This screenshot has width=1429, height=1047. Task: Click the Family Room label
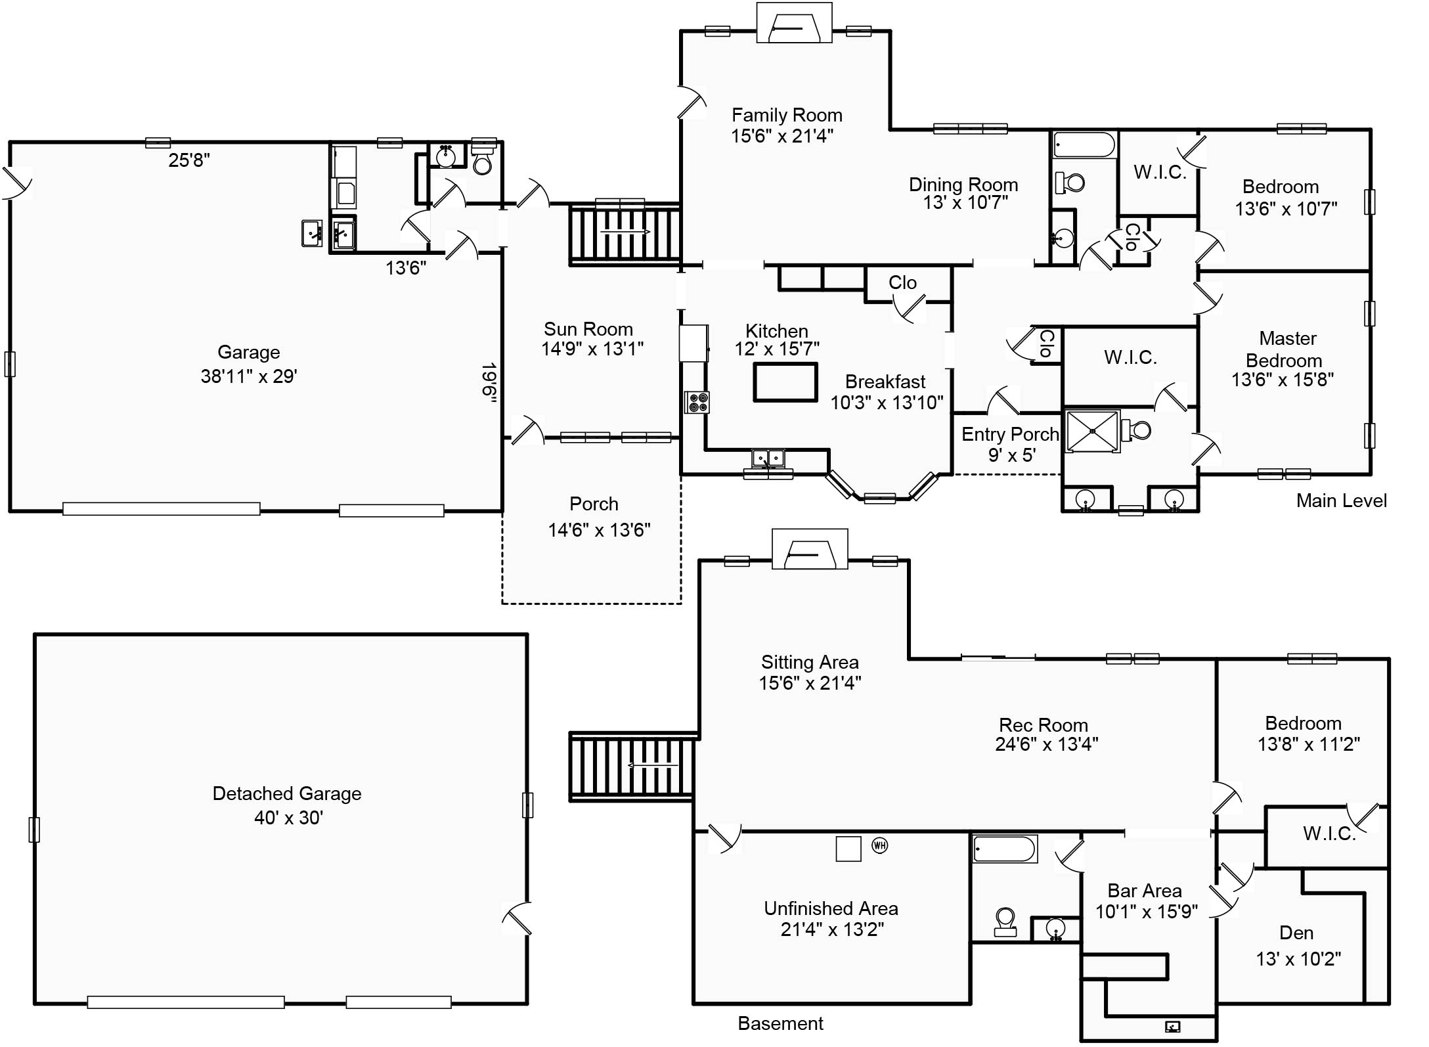pyautogui.click(x=787, y=115)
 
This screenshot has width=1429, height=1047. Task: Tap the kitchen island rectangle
pyautogui.click(x=785, y=382)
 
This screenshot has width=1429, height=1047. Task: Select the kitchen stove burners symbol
pyautogui.click(x=697, y=402)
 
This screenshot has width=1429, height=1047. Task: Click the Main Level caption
pyautogui.click(x=1341, y=501)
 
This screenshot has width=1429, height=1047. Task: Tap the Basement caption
pyautogui.click(x=780, y=1023)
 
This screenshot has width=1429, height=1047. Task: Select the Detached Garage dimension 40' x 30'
pyautogui.click(x=288, y=817)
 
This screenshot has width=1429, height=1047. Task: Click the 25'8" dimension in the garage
pyautogui.click(x=189, y=160)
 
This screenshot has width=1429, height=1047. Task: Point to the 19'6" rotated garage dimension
pyautogui.click(x=489, y=382)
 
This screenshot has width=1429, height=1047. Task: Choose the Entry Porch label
pyautogui.click(x=1010, y=434)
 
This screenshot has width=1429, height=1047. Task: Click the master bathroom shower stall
pyautogui.click(x=1092, y=432)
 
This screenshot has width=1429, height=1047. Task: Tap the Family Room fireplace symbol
pyautogui.click(x=795, y=23)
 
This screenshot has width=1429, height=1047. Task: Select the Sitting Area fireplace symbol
pyautogui.click(x=810, y=549)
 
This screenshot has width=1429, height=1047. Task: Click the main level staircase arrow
pyautogui.click(x=625, y=232)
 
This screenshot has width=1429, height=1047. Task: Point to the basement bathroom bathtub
pyautogui.click(x=1004, y=849)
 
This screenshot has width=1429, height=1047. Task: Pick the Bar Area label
pyautogui.click(x=1145, y=891)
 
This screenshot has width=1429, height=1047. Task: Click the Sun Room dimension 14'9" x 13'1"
pyautogui.click(x=592, y=349)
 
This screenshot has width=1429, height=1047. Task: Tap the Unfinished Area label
pyautogui.click(x=831, y=908)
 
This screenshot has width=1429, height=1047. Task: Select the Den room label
pyautogui.click(x=1296, y=933)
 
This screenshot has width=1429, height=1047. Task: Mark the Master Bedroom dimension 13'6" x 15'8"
pyautogui.click(x=1283, y=380)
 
